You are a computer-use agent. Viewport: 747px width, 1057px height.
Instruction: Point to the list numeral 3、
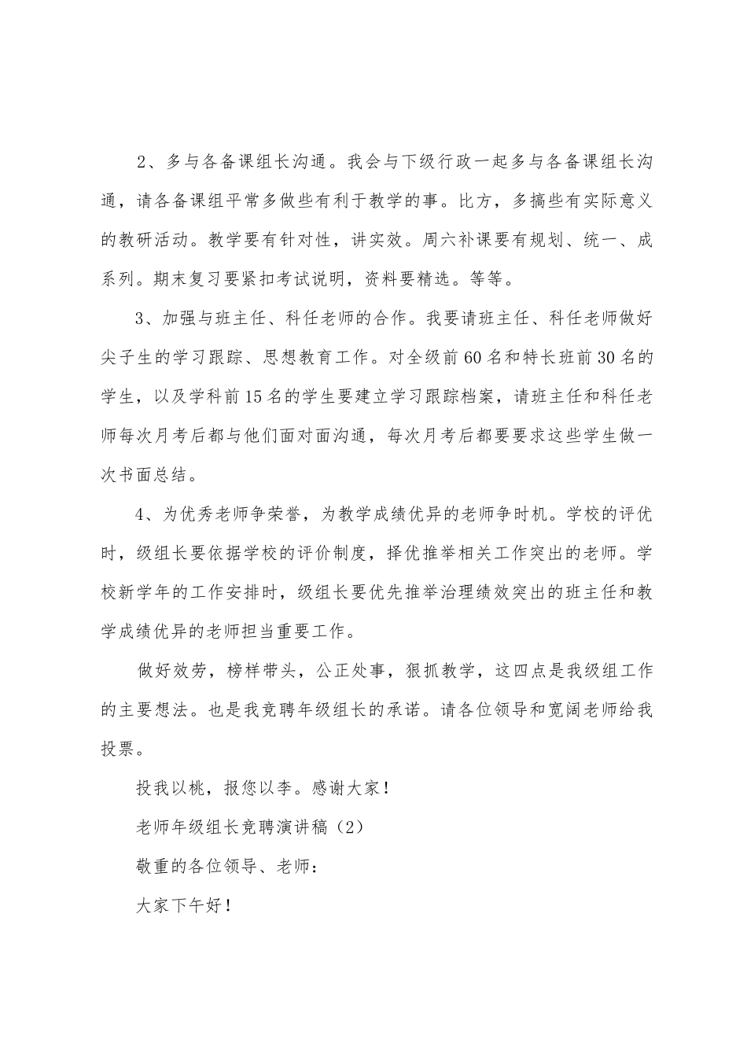(146, 319)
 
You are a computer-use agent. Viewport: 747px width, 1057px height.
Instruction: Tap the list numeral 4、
(146, 514)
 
